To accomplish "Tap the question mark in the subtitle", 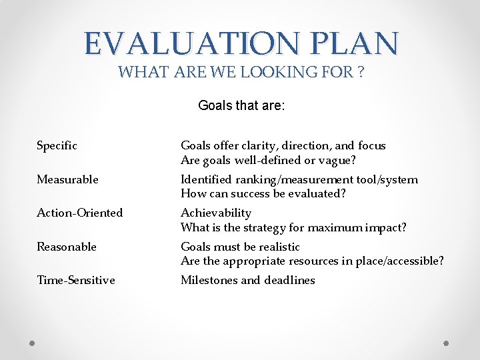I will coord(360,72).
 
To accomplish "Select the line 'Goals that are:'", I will coord(241,105).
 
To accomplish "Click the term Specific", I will coord(57,145).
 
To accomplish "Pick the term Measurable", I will coord(67,179).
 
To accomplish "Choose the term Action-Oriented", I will coord(79,213).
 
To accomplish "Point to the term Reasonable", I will coord(67,247).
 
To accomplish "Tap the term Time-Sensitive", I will coord(75,280).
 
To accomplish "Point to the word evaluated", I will coord(322,194).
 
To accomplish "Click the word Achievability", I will coord(216,213).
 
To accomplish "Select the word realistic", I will coord(276,247).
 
